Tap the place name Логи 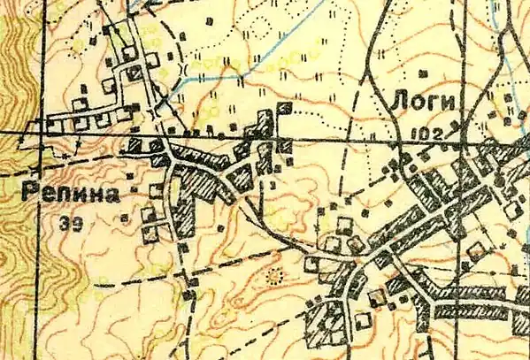[424, 103]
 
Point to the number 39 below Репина [72, 225]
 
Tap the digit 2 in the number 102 [437, 131]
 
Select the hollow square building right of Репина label [157, 190]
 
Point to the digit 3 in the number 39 [66, 225]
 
